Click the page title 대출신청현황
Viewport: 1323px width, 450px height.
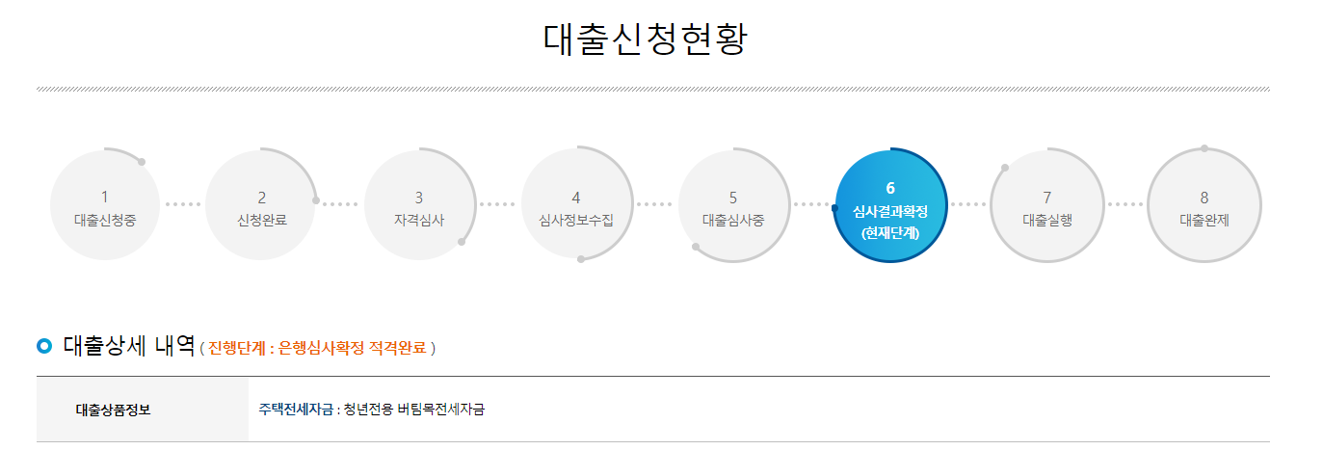tap(646, 40)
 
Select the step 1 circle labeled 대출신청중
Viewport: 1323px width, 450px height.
tap(105, 205)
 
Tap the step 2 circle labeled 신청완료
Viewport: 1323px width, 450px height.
tap(261, 205)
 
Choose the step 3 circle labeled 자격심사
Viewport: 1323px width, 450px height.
tap(419, 205)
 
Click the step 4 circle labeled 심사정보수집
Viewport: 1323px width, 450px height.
tap(576, 205)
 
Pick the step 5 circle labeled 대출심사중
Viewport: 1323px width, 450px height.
tap(733, 205)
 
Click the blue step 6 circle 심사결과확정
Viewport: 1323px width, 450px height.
tap(890, 205)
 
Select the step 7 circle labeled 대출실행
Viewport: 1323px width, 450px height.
tap(1047, 205)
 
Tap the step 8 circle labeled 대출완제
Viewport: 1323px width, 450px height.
tap(1204, 205)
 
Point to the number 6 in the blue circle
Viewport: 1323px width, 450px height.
tap(890, 188)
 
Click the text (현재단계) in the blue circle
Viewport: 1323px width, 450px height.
tap(890, 232)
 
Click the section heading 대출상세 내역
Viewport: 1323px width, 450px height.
tap(129, 345)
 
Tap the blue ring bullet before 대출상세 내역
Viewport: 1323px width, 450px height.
tap(44, 346)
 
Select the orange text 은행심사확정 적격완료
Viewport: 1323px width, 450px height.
tap(352, 348)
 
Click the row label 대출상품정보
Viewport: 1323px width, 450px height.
tap(113, 410)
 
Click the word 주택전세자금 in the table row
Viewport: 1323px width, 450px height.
tap(295, 410)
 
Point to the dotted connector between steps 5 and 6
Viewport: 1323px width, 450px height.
tap(811, 204)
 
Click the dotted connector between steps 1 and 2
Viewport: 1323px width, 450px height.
tap(183, 204)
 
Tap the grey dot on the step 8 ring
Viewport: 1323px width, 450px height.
tap(1204, 148)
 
